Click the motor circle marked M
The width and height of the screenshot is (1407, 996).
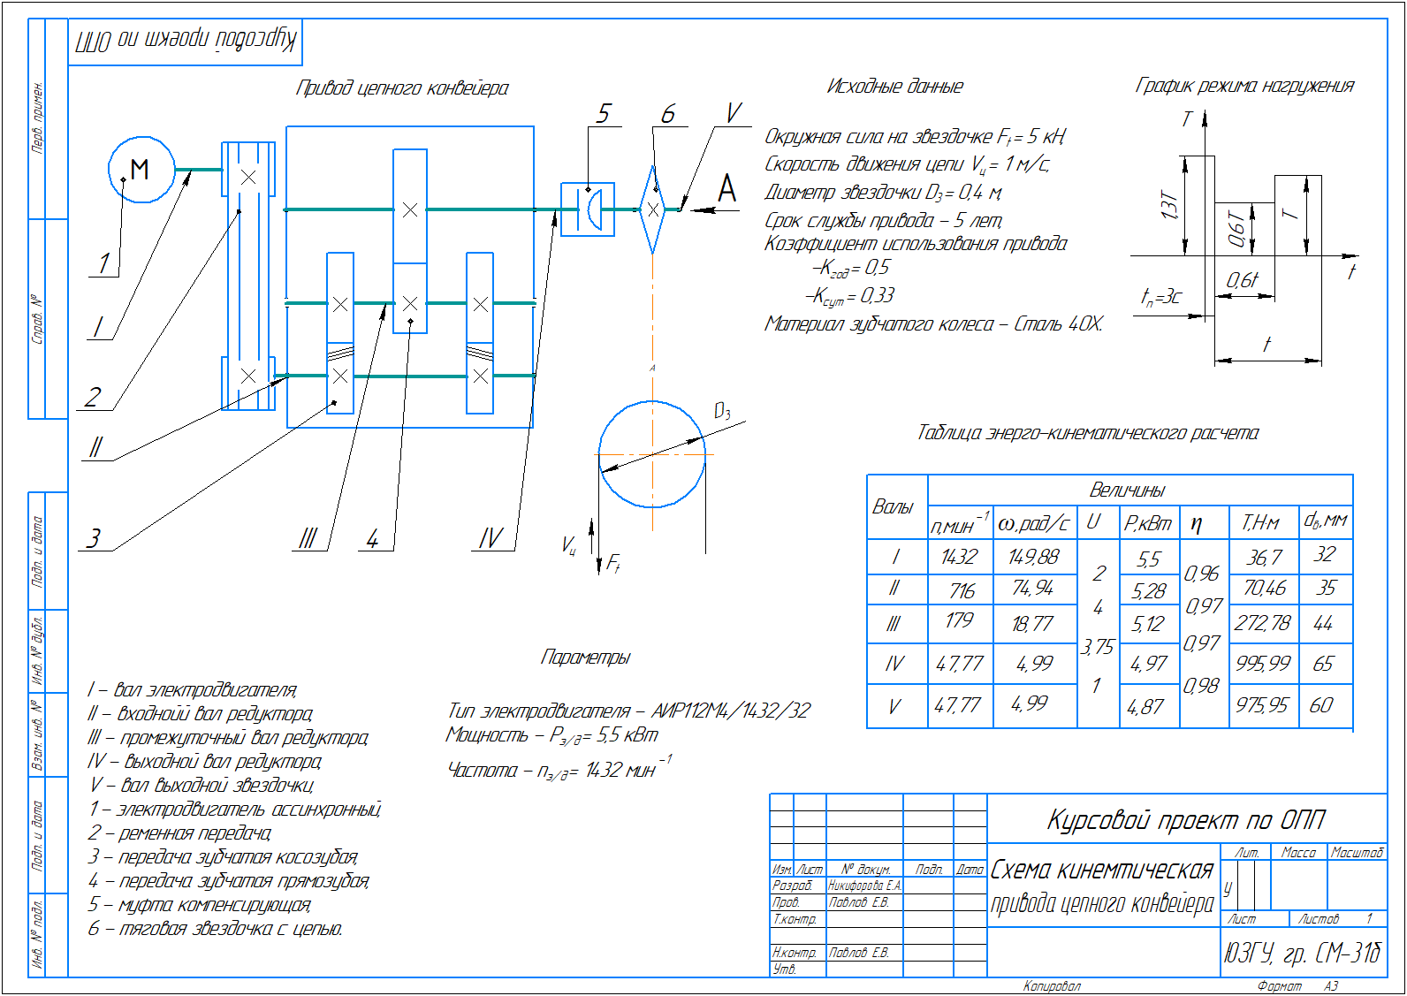coord(141,170)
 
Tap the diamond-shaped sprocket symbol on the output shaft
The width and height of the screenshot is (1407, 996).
coord(652,209)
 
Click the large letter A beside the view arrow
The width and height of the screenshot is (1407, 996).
coord(726,188)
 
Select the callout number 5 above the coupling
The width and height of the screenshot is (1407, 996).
coord(604,114)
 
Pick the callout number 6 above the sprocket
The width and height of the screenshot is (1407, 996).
coord(668,114)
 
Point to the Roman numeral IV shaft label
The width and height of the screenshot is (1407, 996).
coord(491,538)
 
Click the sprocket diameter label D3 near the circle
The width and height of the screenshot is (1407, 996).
coord(722,411)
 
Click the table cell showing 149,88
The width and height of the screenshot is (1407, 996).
coord(1033,557)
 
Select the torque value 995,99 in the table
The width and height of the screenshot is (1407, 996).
coord(1263,663)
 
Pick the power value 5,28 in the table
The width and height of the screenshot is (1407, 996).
coord(1149,591)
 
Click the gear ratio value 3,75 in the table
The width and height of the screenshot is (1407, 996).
coord(1097,647)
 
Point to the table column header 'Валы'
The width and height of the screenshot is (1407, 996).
coord(893,507)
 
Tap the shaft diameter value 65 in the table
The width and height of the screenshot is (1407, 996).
coord(1323,664)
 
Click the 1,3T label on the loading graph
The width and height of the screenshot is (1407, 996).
coord(1170,207)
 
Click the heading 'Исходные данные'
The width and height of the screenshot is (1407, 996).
coord(894,87)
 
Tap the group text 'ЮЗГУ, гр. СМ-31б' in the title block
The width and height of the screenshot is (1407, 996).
coord(1301,953)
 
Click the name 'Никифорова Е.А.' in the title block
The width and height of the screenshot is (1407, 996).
coord(864,886)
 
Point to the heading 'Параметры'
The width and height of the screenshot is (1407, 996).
coord(585,658)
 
